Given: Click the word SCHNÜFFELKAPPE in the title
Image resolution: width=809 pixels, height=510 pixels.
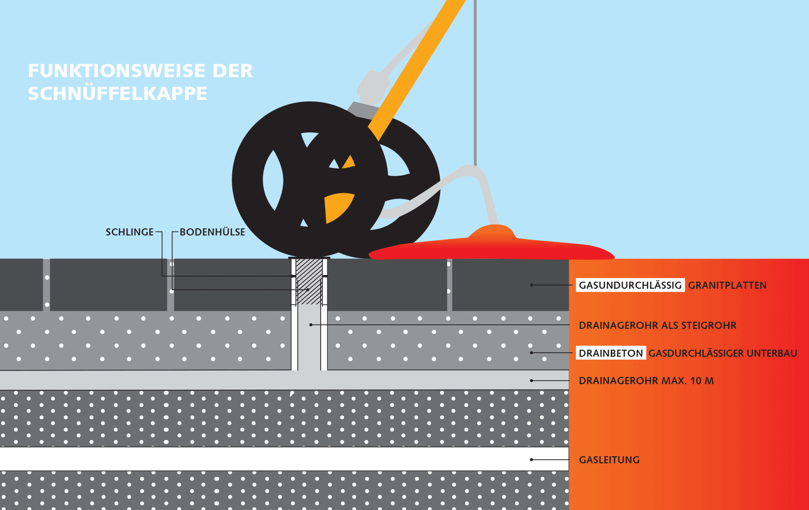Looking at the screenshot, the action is (x=117, y=94).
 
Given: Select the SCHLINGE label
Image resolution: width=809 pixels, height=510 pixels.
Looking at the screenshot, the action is (x=130, y=232).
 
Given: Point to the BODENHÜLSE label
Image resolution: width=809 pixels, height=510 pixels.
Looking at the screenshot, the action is (x=212, y=232).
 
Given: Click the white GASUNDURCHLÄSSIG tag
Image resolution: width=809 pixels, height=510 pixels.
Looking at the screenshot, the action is (x=630, y=285).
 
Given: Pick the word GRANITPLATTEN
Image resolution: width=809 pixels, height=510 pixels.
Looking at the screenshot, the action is (x=727, y=285).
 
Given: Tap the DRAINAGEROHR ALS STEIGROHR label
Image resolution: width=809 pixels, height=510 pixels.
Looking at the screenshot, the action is (x=658, y=325).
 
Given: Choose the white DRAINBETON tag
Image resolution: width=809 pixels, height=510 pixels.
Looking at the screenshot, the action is (x=611, y=353).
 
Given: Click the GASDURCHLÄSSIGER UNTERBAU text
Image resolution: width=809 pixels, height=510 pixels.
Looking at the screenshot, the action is (x=723, y=354).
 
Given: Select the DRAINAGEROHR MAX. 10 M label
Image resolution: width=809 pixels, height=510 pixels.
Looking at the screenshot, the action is (x=646, y=381).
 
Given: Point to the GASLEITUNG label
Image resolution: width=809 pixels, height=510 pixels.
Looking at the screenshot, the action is (x=609, y=460).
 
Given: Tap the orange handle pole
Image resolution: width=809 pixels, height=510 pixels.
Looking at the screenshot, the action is (x=417, y=69).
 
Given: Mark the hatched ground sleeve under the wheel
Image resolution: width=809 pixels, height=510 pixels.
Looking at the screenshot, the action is (x=309, y=282).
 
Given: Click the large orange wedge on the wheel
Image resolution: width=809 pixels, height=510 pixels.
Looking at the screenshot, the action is (x=339, y=208).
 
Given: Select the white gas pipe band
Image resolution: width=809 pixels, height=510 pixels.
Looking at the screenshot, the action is (x=284, y=459).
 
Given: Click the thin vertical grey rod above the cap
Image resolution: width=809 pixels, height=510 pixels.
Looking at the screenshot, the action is (x=475, y=83).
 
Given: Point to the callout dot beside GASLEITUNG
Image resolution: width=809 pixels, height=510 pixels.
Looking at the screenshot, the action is (x=531, y=459).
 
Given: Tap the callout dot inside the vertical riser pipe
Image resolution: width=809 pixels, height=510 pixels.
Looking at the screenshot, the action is (x=310, y=325).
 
